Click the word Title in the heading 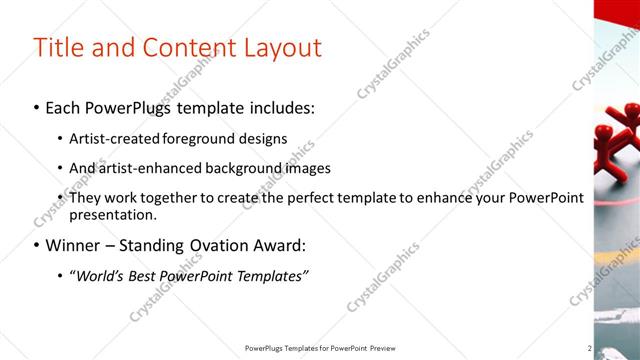click(x=59, y=47)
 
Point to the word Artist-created click(x=111, y=138)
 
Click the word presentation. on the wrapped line click(x=113, y=214)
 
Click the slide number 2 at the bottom click(x=590, y=348)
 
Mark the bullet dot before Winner click(x=37, y=245)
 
